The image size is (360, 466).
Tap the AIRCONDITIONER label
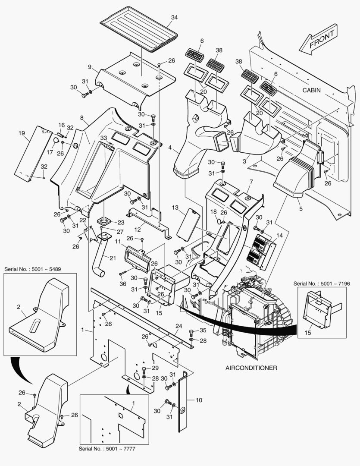[251, 368]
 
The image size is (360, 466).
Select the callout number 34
[174, 17]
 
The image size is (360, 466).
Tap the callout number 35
[203, 331]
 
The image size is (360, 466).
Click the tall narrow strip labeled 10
[183, 401]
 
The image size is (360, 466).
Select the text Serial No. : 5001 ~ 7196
[321, 283]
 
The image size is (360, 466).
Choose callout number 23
[121, 223]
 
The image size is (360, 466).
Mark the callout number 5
[301, 209]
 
